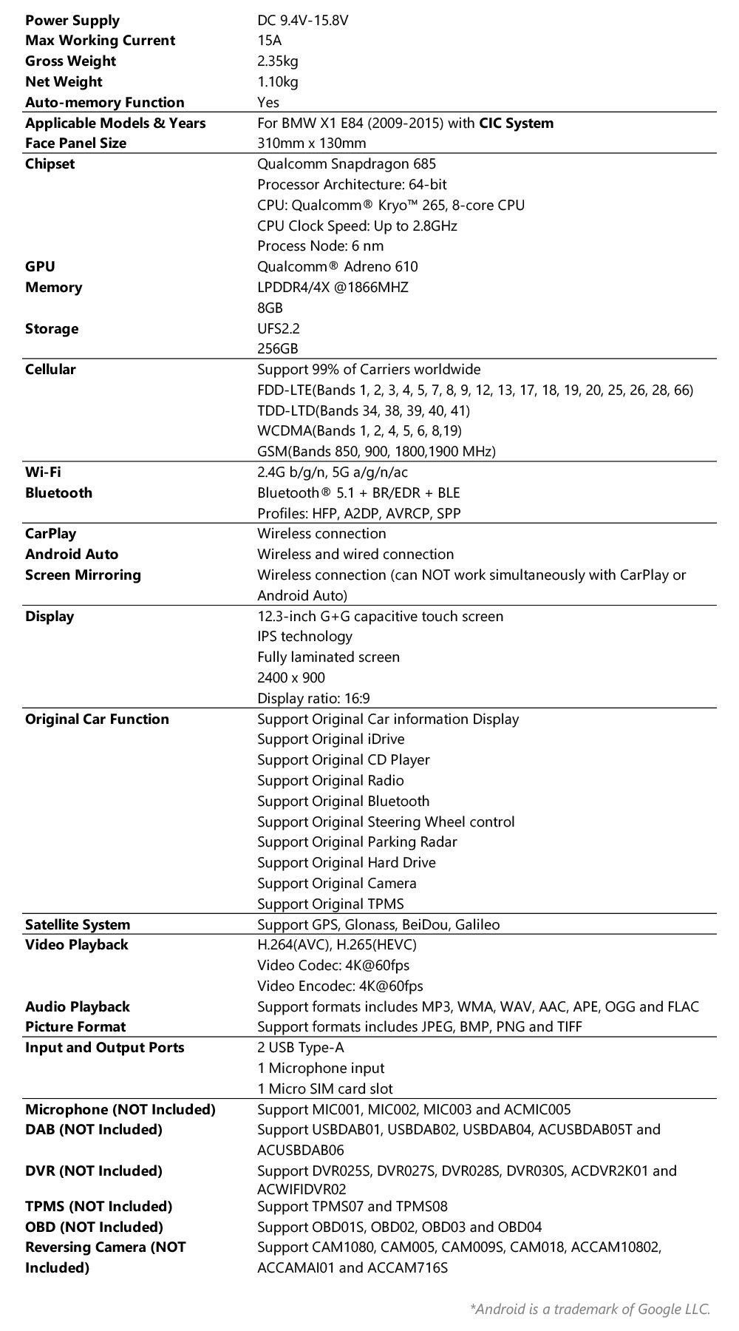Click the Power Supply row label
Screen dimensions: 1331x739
(x=72, y=20)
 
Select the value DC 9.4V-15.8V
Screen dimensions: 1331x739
(x=302, y=20)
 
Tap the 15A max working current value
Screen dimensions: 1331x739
(x=269, y=41)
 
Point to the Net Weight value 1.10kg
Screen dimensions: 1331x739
(x=277, y=81)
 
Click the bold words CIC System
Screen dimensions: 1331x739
(x=516, y=123)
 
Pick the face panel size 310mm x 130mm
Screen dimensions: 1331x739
(x=311, y=143)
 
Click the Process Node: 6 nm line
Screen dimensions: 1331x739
(x=320, y=245)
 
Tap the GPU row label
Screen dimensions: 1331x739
(x=40, y=266)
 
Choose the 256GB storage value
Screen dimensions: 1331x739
(x=277, y=348)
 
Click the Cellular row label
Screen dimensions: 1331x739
(x=50, y=369)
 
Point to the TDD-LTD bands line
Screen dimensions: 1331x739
(x=363, y=410)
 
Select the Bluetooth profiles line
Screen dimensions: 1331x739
(x=358, y=512)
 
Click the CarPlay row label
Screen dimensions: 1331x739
(x=50, y=533)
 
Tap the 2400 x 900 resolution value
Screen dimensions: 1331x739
(x=290, y=677)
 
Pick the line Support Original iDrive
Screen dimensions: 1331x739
(x=330, y=739)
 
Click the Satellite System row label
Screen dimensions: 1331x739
(x=77, y=924)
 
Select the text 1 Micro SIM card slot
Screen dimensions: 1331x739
(x=324, y=1088)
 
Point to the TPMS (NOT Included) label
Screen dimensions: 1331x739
(x=98, y=1206)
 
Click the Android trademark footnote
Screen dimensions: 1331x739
(x=589, y=1309)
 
